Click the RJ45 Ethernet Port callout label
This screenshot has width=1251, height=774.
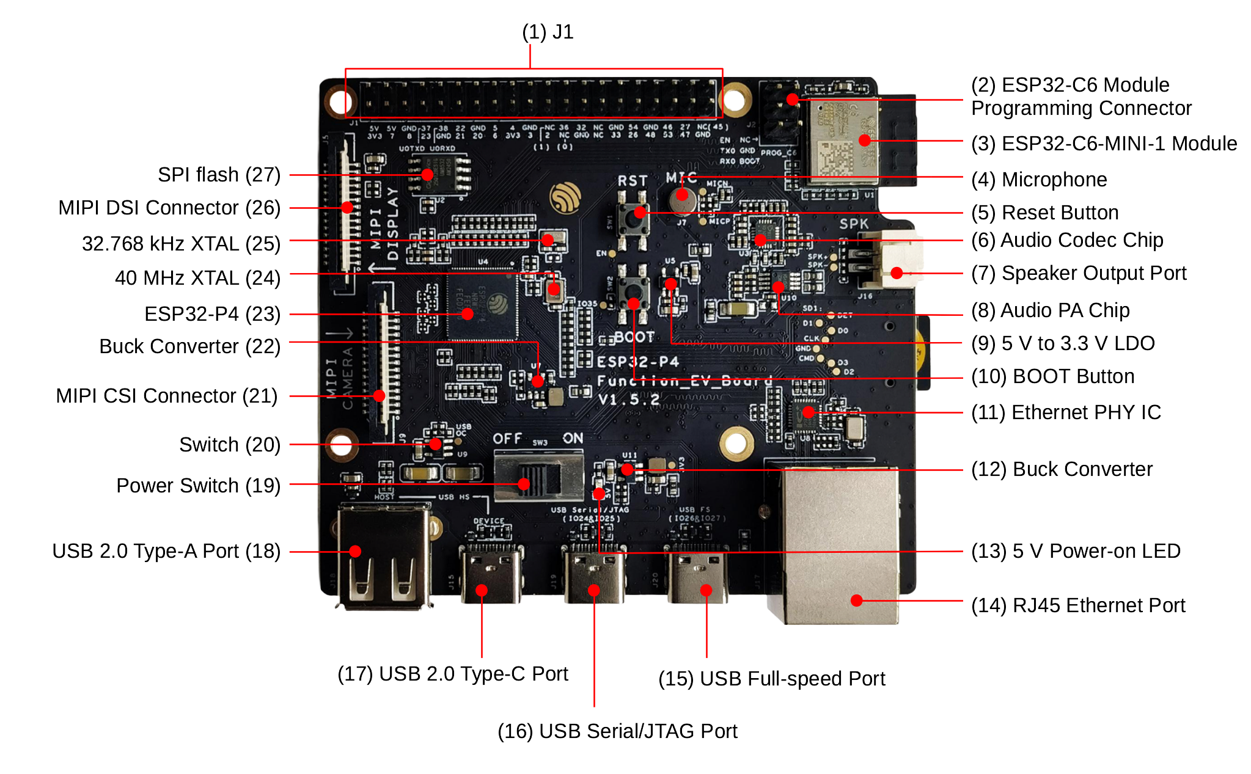(1078, 605)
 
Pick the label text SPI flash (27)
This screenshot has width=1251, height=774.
(219, 175)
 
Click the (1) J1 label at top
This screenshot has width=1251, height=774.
(548, 32)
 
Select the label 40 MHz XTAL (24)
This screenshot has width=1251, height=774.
(197, 278)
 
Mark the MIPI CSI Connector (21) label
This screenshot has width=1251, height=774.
(166, 396)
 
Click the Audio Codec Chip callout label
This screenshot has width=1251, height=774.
(1067, 240)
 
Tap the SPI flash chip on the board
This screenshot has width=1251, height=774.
(439, 175)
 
